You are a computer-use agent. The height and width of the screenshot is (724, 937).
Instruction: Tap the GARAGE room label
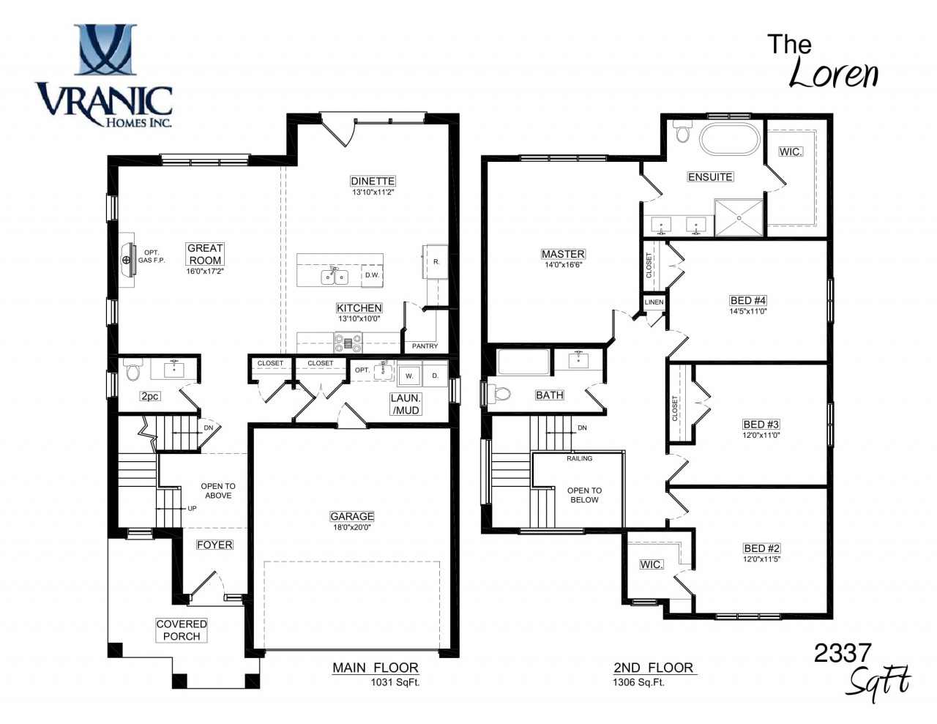pos(352,515)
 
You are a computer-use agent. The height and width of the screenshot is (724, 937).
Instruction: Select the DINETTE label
pos(373,181)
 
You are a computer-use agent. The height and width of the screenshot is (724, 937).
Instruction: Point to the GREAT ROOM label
pos(205,254)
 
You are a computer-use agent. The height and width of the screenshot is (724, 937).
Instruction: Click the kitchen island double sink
pos(335,277)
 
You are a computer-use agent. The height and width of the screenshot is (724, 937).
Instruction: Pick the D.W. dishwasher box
pos(372,275)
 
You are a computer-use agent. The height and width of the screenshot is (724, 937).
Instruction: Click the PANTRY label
pos(425,346)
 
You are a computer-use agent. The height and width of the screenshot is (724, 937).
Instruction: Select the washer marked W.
pos(409,375)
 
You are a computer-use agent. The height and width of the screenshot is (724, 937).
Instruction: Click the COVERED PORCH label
pos(182,630)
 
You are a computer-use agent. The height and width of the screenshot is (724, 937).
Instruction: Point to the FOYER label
pos(214,545)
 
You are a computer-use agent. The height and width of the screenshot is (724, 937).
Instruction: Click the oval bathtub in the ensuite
pos(729,139)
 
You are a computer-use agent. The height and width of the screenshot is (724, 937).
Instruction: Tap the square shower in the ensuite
pos(739,217)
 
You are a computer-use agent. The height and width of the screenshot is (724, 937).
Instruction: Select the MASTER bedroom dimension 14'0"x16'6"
pos(563,265)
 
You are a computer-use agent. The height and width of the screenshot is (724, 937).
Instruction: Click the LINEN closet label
pos(654,302)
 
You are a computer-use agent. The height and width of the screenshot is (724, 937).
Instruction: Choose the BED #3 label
pos(761,425)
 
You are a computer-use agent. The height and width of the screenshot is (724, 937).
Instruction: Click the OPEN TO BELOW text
pos(584,495)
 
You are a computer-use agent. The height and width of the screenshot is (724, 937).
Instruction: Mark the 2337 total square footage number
pos(843,652)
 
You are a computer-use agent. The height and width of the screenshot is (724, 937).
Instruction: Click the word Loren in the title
pos(833,74)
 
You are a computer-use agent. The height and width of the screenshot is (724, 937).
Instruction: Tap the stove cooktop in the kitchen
pos(348,343)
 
